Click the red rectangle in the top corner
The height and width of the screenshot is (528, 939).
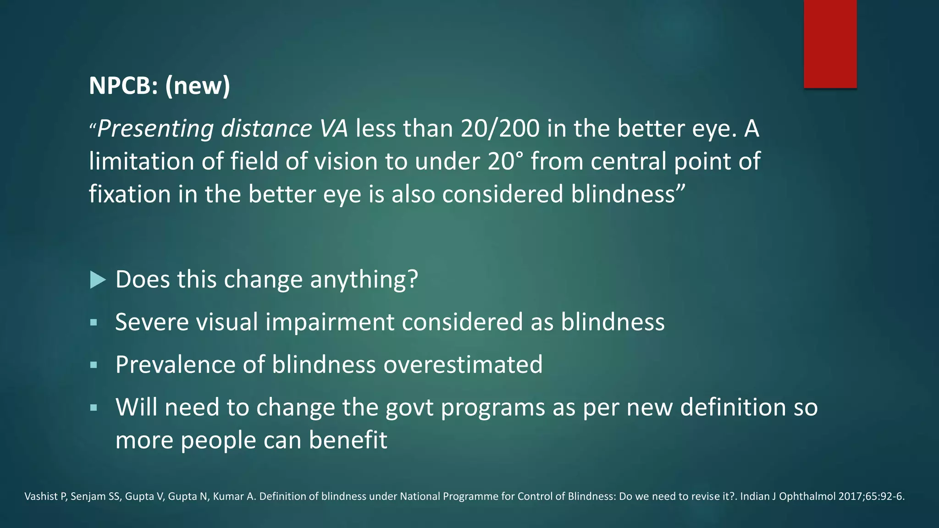click(x=830, y=44)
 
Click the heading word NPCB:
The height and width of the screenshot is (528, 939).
click(x=123, y=86)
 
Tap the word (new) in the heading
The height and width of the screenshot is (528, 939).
click(x=198, y=86)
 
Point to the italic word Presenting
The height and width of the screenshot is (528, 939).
click(x=155, y=129)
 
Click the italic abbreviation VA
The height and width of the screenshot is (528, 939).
click(x=334, y=128)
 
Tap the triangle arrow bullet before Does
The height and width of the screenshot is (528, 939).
click(x=98, y=280)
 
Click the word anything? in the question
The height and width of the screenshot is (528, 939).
click(x=364, y=280)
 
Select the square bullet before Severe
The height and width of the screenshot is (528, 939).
click(x=94, y=322)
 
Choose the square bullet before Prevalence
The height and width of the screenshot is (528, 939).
click(x=94, y=365)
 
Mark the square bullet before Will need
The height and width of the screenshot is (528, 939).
click(x=94, y=407)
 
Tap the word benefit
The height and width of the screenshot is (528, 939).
click(x=348, y=440)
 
